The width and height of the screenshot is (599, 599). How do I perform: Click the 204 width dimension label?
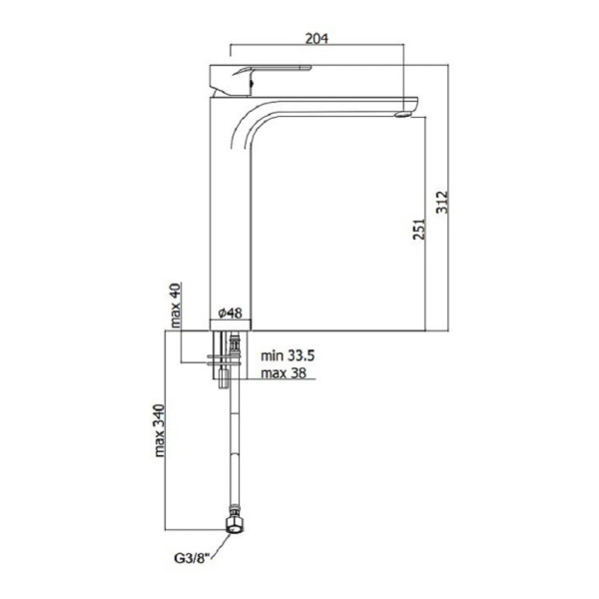[316, 38]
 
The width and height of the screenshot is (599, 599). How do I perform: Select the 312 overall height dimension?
[442, 202]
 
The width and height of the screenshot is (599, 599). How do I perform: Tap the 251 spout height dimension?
[418, 229]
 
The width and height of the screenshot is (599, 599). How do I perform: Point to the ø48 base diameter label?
[230, 312]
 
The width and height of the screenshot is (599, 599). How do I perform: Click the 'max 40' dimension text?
[175, 305]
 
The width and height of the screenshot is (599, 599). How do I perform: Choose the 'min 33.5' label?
[288, 355]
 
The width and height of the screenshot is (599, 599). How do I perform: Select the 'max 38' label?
[284, 372]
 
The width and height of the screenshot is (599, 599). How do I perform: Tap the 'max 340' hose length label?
[159, 430]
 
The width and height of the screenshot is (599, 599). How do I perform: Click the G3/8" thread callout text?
[193, 558]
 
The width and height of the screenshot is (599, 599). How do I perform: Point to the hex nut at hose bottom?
[234, 526]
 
